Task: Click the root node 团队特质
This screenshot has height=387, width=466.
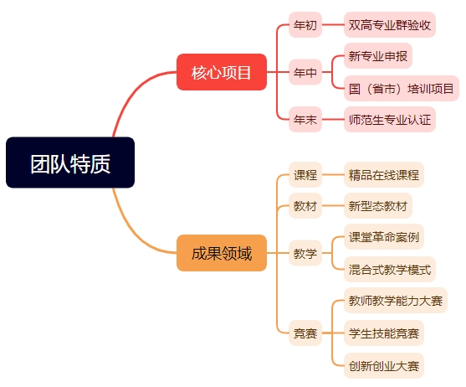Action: coord(70,163)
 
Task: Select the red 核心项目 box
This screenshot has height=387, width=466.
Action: coord(222,72)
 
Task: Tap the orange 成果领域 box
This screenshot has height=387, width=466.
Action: coord(222,253)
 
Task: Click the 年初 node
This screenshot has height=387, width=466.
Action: coord(305,24)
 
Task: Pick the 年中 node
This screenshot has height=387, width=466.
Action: coord(305,72)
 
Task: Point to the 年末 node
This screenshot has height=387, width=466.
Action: coord(305,119)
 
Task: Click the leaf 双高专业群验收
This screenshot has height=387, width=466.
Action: coord(390,24)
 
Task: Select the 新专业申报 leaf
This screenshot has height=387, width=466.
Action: coord(377,55)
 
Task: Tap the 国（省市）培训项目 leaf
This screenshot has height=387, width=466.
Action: coord(402,88)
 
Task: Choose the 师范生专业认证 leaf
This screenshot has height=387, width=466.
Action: coord(390,119)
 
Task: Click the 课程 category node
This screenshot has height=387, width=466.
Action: coord(305,174)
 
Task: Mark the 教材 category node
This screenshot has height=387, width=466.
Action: coord(305,205)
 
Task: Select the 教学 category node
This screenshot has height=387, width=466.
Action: coord(305,253)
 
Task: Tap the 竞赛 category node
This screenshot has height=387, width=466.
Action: coord(305,333)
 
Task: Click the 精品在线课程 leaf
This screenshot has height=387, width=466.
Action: coord(384,174)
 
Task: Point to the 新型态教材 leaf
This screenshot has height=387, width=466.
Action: coord(377,205)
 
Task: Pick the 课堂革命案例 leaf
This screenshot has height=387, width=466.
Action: coord(384,237)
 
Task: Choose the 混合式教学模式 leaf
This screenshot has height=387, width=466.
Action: coord(390,269)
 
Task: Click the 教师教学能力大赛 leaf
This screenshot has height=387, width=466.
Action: coord(396,301)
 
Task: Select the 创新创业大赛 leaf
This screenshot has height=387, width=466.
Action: coord(384,365)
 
